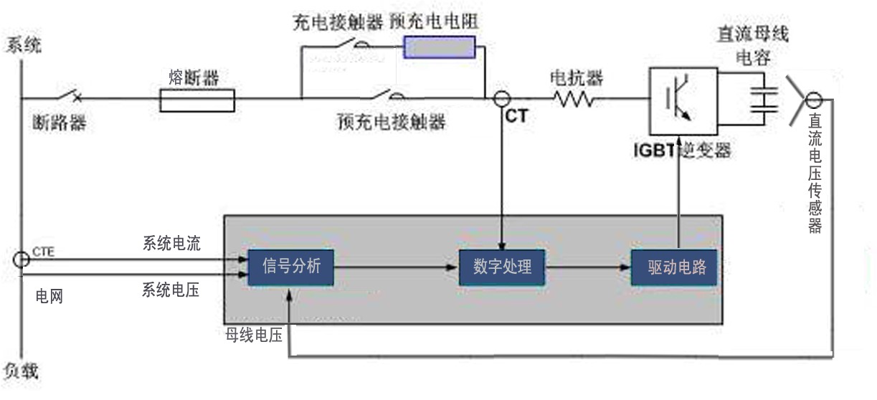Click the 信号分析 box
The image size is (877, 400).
[x=290, y=268]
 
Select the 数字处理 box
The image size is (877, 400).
[x=502, y=268]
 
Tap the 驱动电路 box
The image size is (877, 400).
[x=674, y=268]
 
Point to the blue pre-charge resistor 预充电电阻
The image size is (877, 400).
[x=440, y=47]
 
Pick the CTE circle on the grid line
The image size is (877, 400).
[x=22, y=259]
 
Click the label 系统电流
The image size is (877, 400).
[x=171, y=244]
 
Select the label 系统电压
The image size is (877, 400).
[x=171, y=290]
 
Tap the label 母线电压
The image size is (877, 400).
[x=253, y=335]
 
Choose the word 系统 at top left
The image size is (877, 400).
[x=24, y=44]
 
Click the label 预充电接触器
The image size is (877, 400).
[x=392, y=123]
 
